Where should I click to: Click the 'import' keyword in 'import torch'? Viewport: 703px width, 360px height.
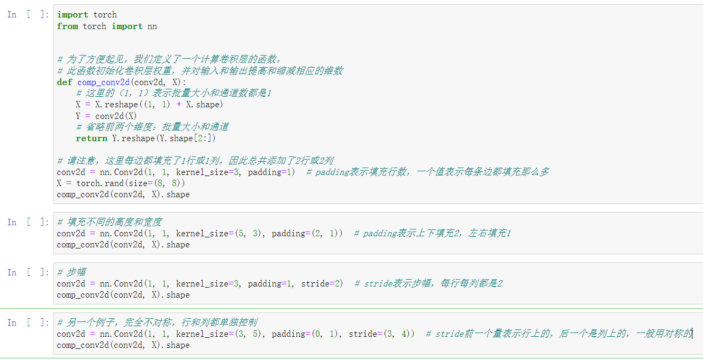73,15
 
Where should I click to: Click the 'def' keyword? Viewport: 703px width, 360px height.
65,82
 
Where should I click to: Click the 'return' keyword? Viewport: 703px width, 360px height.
92,138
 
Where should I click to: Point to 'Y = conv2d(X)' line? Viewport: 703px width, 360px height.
106,116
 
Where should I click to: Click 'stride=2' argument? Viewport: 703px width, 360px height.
322,283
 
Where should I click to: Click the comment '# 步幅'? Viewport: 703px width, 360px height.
72,272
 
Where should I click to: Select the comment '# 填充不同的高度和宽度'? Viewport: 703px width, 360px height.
109,222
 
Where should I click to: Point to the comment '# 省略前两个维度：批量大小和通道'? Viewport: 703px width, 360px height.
152,127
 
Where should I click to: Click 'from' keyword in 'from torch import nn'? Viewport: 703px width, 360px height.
67,26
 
